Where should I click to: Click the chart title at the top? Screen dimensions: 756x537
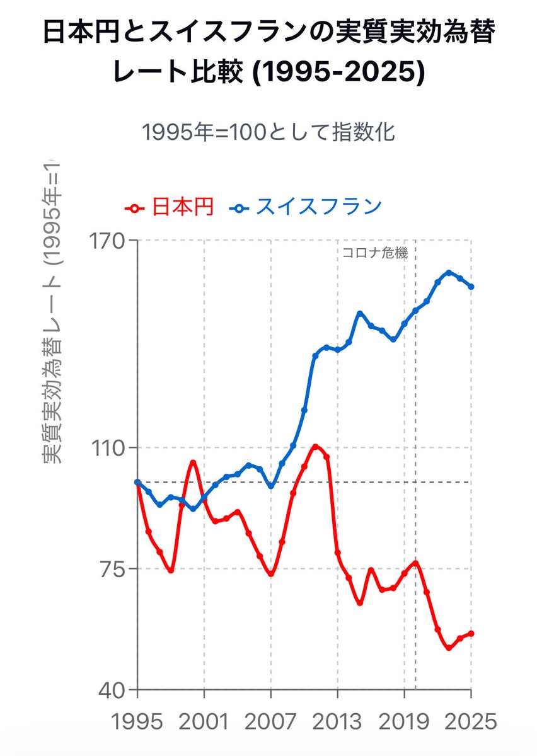pyautogui.click(x=268, y=54)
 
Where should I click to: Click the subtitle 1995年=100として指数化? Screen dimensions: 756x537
pyautogui.click(x=268, y=132)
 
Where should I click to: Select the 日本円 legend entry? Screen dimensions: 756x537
pyautogui.click(x=170, y=207)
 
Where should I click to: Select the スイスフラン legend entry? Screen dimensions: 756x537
pyautogui.click(x=308, y=207)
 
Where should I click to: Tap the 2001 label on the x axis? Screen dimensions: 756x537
pyautogui.click(x=204, y=721)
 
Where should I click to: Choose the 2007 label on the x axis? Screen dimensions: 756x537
pyautogui.click(x=270, y=721)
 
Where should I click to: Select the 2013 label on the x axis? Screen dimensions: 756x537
pyautogui.click(x=337, y=721)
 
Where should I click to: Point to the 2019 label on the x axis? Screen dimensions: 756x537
pyautogui.click(x=404, y=721)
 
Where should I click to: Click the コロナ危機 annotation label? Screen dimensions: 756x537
pyautogui.click(x=375, y=254)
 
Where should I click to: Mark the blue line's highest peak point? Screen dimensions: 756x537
pyautogui.click(x=449, y=273)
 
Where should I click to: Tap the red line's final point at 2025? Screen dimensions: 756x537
pyautogui.click(x=471, y=633)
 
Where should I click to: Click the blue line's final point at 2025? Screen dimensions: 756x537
pyautogui.click(x=471, y=287)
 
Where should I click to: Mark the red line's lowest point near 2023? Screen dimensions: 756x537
pyautogui.click(x=449, y=648)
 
